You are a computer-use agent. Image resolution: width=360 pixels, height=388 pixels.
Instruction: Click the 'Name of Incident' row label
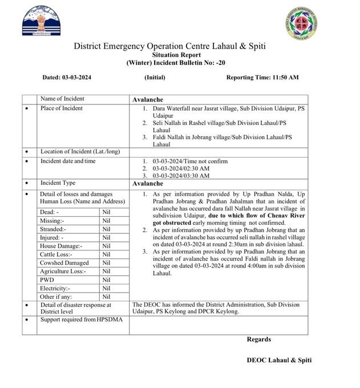pos(62,99)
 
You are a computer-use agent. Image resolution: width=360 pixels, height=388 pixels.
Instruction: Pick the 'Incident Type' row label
pos(58,183)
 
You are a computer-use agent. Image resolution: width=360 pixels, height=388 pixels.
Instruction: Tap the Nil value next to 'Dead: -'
pos(106,212)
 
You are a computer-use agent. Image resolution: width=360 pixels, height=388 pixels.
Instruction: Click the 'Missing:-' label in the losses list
pos(52,220)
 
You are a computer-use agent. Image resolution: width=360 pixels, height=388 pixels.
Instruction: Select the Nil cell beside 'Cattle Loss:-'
pos(106,254)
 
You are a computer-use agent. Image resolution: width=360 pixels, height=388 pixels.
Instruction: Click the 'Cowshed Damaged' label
pos(64,262)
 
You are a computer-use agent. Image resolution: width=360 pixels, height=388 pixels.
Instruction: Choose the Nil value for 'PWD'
pos(106,280)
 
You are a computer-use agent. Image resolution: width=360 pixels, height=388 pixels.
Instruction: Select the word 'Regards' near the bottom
pos(258,339)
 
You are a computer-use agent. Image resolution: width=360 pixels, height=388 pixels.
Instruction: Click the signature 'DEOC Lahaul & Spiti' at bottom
pos(279,360)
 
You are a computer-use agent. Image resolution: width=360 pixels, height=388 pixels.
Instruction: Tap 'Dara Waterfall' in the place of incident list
pos(174,108)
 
